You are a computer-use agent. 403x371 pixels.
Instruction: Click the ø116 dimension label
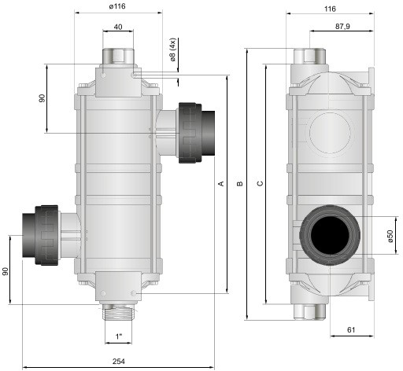pyautogui.click(x=117, y=6)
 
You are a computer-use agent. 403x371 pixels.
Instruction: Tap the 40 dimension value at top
pyautogui.click(x=118, y=27)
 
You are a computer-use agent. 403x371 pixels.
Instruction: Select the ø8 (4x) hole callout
pyautogui.click(x=173, y=50)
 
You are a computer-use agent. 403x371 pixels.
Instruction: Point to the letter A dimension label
pyautogui.click(x=222, y=183)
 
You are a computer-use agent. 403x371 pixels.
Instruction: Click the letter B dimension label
pyautogui.click(x=240, y=184)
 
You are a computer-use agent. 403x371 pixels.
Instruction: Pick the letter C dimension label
pyautogui.click(x=260, y=183)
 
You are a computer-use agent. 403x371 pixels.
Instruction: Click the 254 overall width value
pyautogui.click(x=119, y=362)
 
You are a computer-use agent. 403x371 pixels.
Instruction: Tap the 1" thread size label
pyautogui.click(x=119, y=336)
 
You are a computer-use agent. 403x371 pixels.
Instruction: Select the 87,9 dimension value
pyautogui.click(x=342, y=27)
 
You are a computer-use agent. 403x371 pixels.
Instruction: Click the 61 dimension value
pyautogui.click(x=351, y=329)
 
